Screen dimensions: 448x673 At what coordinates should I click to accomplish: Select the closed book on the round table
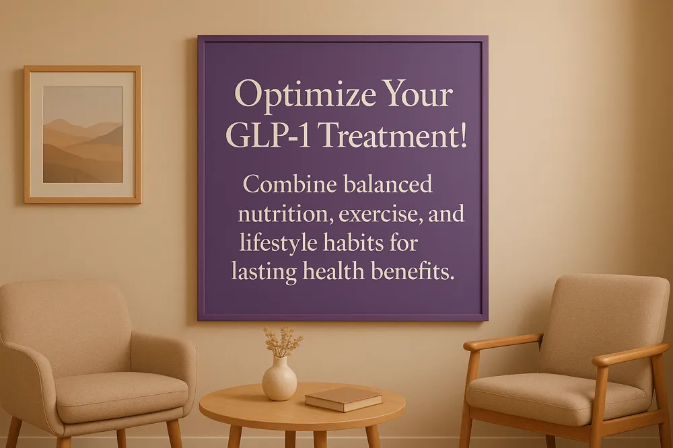click(343, 398)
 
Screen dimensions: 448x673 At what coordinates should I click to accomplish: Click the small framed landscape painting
click(83, 135)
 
